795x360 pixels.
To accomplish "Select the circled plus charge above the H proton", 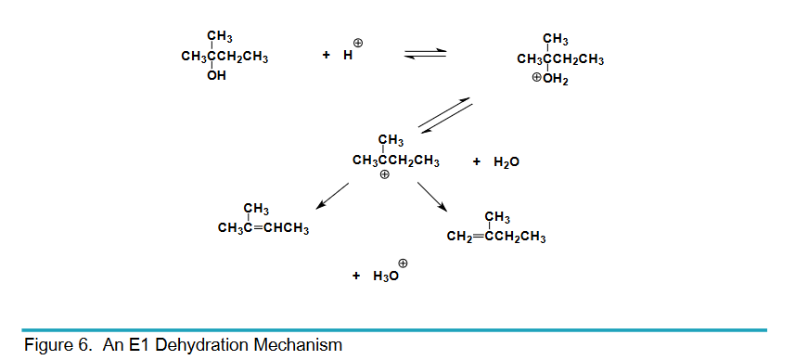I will (x=358, y=43).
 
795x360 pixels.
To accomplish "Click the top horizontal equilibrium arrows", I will (x=426, y=57).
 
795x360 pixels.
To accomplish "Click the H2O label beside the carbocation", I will (x=507, y=161).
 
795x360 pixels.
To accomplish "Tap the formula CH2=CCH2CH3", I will (x=495, y=237).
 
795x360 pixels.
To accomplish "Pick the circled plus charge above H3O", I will (x=403, y=263).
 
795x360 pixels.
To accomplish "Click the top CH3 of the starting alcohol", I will (x=220, y=37).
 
